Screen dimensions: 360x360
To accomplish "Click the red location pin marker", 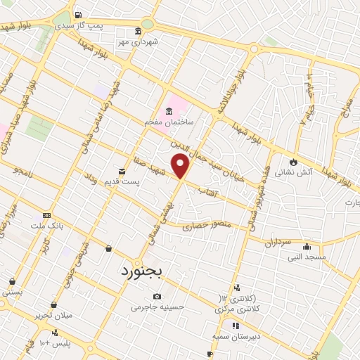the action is (181, 166).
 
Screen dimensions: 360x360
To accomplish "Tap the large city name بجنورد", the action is (141, 270).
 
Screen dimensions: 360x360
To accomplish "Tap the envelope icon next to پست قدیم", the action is (122, 171).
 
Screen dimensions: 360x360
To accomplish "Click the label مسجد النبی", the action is (306, 257).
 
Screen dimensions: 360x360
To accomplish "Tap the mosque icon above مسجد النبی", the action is (306, 247).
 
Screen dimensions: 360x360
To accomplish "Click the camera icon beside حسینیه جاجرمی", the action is (156, 296).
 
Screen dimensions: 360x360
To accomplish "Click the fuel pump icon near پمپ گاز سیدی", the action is (77, 15).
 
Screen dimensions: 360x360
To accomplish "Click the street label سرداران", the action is (277, 242).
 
